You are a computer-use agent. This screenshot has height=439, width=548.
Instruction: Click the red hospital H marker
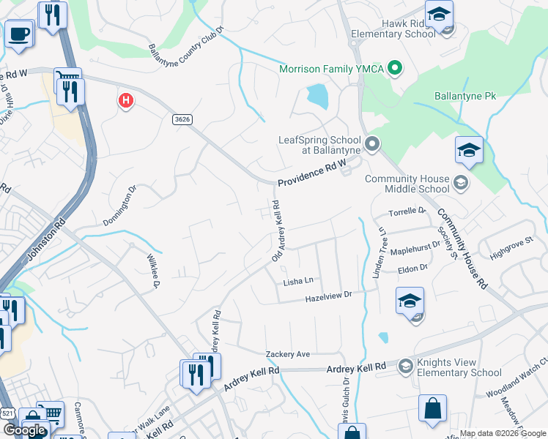126,100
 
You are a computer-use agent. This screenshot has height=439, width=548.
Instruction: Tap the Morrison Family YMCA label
331,70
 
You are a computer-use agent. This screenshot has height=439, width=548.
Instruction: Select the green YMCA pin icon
396,70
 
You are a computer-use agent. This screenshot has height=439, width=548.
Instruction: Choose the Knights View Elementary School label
460,367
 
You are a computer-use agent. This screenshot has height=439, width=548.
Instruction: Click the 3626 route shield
182,119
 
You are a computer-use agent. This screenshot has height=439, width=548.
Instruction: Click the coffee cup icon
19,33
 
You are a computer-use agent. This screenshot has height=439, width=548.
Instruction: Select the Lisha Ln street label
298,280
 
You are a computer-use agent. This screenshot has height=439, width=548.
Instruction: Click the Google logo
24,430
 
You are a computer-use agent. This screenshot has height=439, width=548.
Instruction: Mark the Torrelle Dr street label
407,211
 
